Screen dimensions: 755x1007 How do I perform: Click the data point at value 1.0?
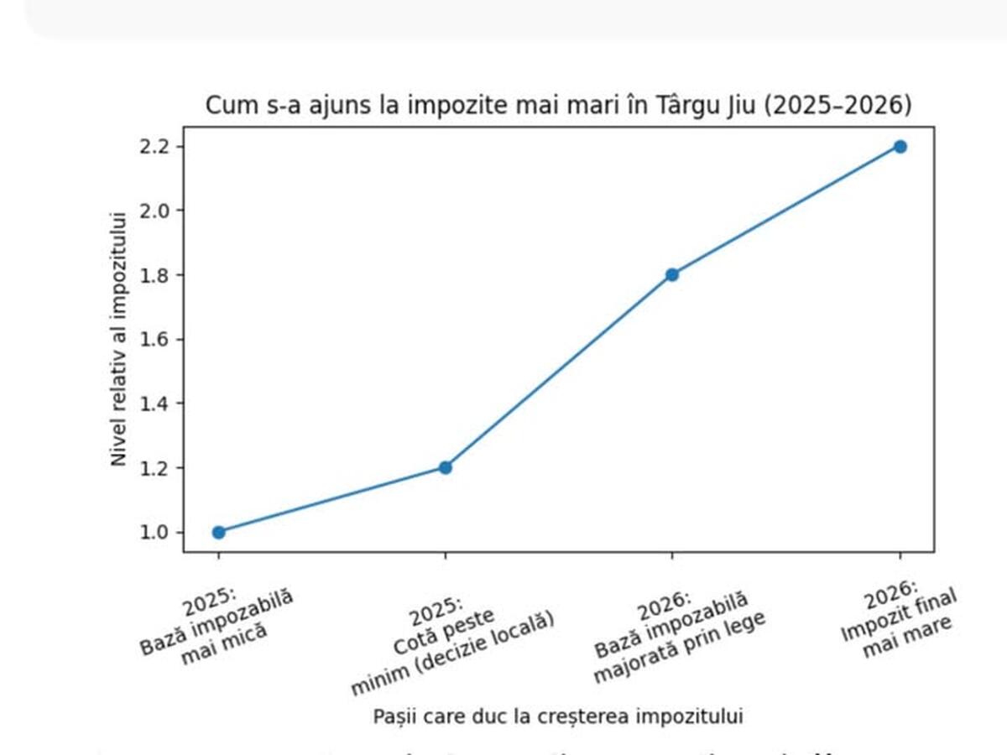point(219,532)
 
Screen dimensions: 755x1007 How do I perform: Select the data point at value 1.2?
point(446,467)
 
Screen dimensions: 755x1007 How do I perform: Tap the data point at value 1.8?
point(672,274)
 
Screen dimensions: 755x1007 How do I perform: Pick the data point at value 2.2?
point(900,146)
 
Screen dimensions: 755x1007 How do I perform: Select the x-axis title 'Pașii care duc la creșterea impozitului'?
point(558,716)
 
